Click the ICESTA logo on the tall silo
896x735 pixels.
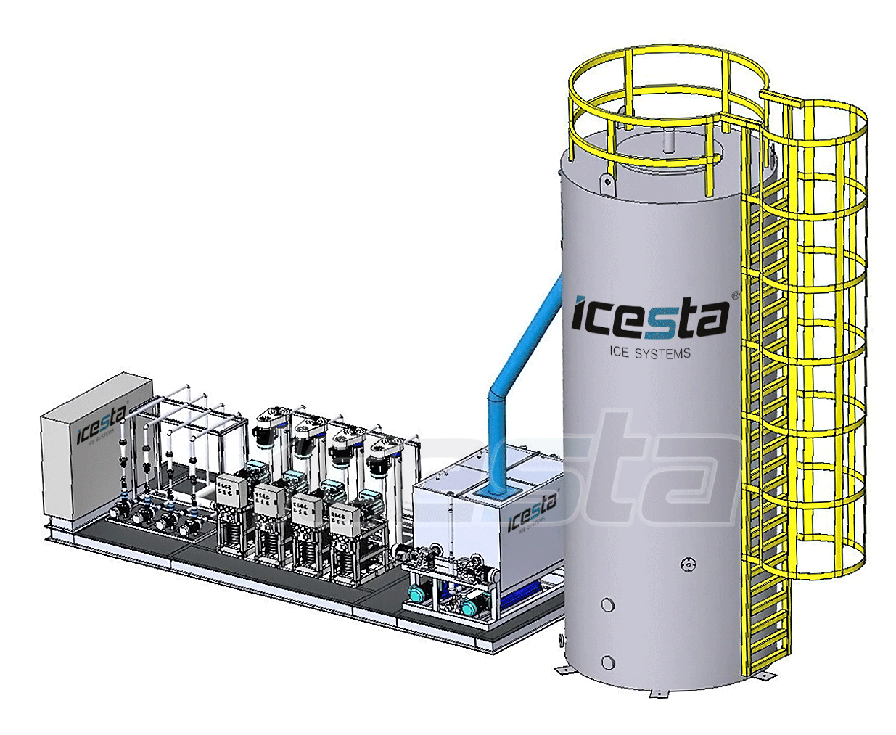[x=649, y=317]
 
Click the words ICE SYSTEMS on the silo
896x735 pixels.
[x=649, y=353]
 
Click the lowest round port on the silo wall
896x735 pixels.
[x=608, y=662]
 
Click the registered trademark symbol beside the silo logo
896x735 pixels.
[x=735, y=295]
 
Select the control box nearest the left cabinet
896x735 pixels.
[x=231, y=489]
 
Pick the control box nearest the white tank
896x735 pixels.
[x=345, y=517]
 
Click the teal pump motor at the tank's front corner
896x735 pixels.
[x=418, y=595]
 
